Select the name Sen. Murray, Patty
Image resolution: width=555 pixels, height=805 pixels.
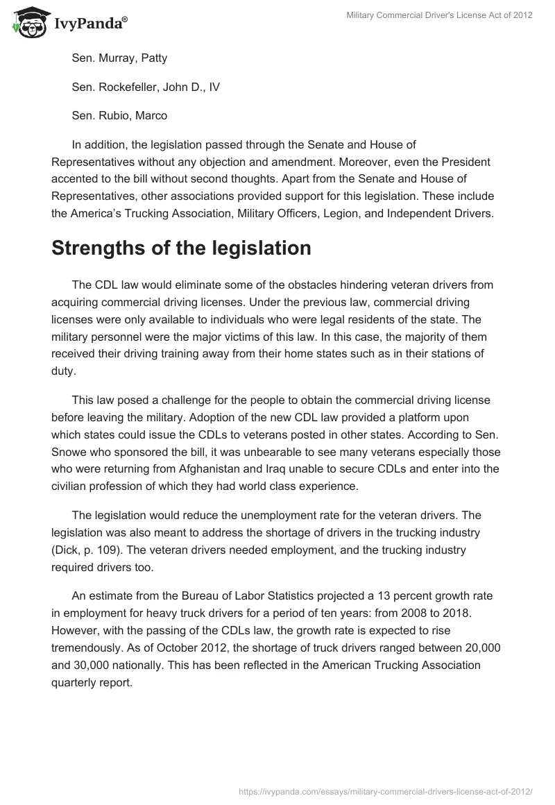point(119,58)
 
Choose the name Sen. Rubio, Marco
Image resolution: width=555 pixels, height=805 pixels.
point(119,115)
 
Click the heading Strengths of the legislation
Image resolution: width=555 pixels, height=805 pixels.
point(181,248)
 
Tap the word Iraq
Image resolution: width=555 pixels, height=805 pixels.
point(308,468)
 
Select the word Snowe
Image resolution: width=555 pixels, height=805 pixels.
point(70,451)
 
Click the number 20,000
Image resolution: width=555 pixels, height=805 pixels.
point(476,648)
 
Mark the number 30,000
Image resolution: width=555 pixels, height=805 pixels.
point(94,665)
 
